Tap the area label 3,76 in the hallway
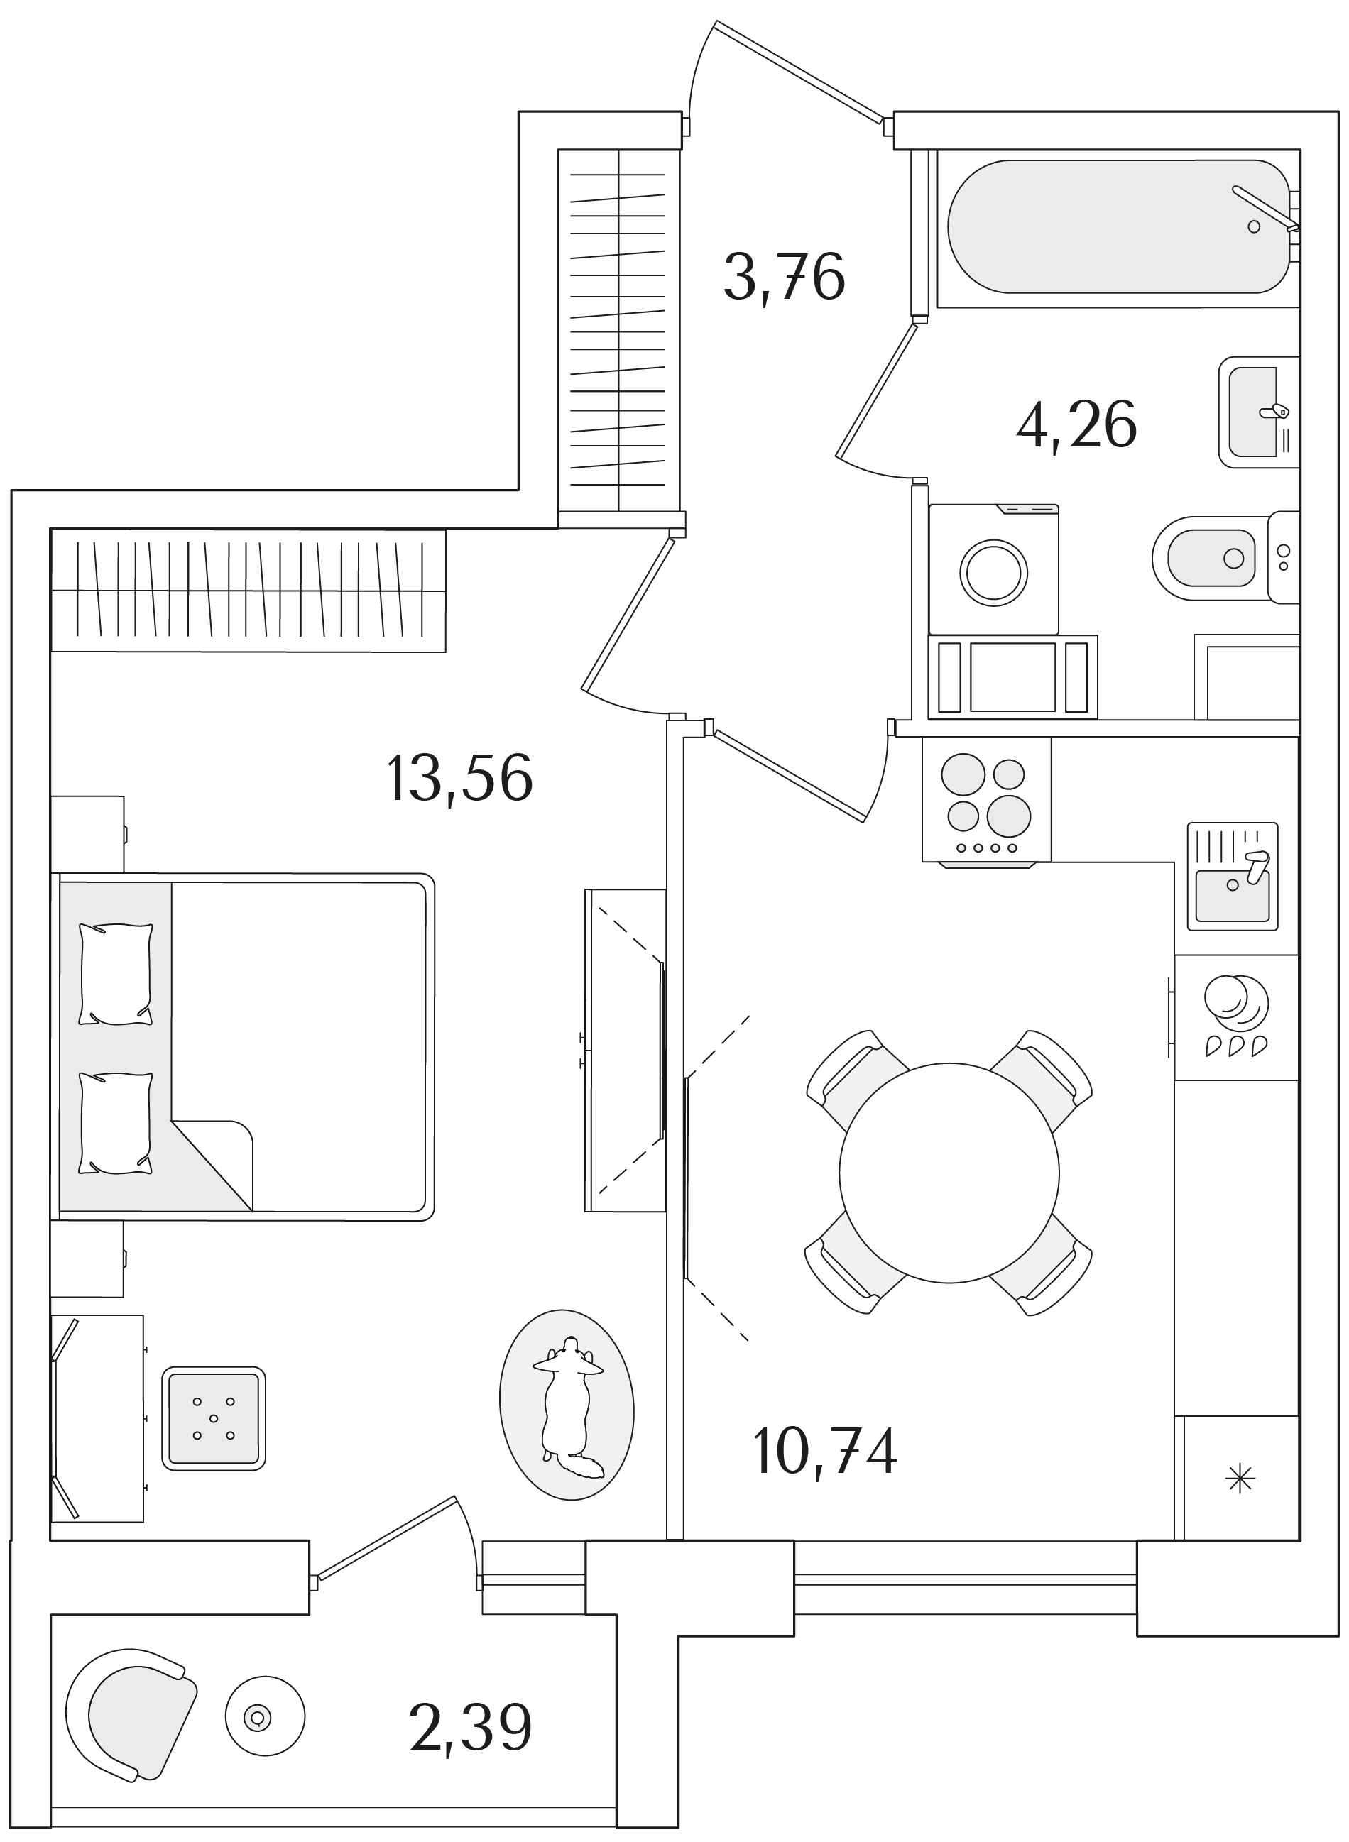coord(784,278)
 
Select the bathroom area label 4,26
coord(1076,425)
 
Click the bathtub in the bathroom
coord(1119,226)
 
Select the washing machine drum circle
coord(994,572)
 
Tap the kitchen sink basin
coord(1233,895)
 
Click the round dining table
coord(949,1173)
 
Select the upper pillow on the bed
coord(115,974)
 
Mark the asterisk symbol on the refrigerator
coord(1240,1479)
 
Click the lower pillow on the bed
coord(115,1124)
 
